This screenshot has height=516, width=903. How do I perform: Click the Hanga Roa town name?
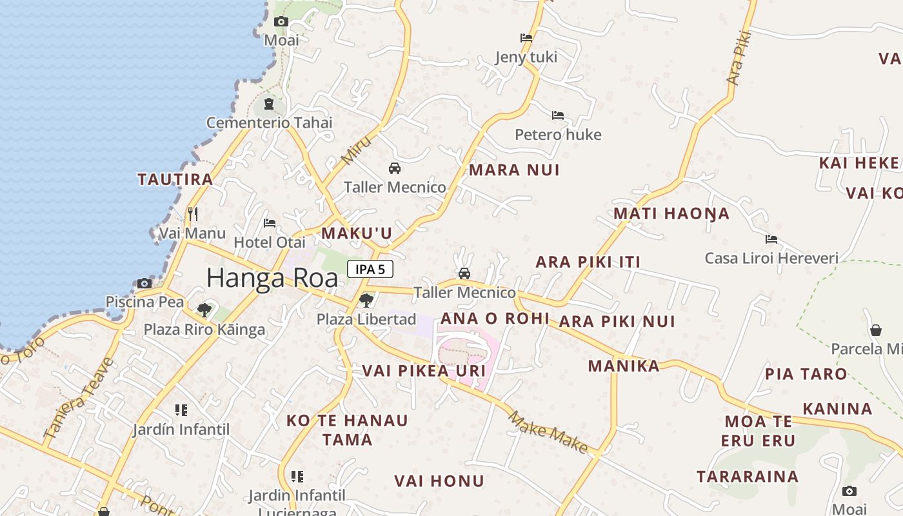[x=272, y=278]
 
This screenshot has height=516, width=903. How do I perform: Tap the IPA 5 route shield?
[x=370, y=269]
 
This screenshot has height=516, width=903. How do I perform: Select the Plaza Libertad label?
[x=366, y=319]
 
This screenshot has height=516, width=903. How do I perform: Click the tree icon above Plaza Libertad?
[x=366, y=300]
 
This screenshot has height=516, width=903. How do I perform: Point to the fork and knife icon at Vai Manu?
[x=192, y=214]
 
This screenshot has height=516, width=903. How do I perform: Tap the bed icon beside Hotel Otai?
[x=270, y=223]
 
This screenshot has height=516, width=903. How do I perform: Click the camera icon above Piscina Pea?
[x=144, y=283]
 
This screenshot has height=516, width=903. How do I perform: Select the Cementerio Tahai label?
[x=270, y=123]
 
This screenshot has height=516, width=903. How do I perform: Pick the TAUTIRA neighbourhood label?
[x=175, y=179]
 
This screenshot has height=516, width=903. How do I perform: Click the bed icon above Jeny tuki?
[x=526, y=38]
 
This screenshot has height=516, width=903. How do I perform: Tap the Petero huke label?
[x=558, y=135]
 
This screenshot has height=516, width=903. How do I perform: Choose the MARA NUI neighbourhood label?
[x=514, y=170]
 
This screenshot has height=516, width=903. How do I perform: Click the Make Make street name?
[x=548, y=432]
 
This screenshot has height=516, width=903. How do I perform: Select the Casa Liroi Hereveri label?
[x=771, y=259]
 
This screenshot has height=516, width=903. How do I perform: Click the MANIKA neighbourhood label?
[x=624, y=366]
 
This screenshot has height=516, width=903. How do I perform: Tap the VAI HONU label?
[x=439, y=481]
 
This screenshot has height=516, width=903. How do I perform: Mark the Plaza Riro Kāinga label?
[x=204, y=330]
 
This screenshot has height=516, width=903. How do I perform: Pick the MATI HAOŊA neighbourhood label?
[x=671, y=213]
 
